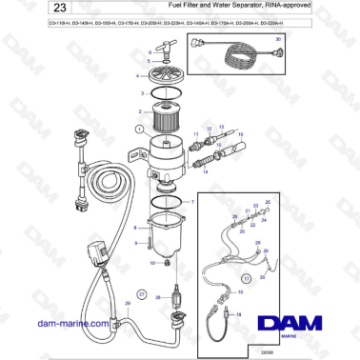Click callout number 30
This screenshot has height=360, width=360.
pyautogui.click(x=278, y=39)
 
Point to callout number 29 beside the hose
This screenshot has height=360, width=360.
pyautogui.click(x=128, y=305)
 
